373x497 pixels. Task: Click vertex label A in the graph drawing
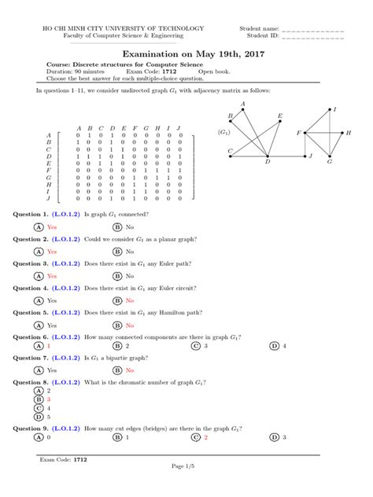(243, 104)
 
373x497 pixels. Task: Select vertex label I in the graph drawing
(336, 109)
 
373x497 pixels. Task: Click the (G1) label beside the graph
(224, 133)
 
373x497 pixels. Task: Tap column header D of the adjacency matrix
(113, 128)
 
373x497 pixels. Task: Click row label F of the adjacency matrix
(50, 169)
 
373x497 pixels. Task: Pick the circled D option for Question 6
(274, 345)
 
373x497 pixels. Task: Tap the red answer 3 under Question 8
(49, 399)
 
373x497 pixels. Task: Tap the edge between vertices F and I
(317, 121)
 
